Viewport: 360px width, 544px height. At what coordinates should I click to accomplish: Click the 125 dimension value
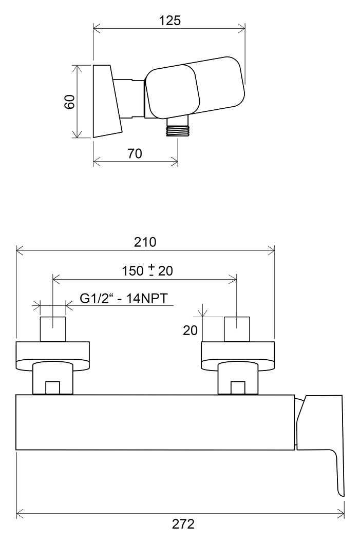[170, 21]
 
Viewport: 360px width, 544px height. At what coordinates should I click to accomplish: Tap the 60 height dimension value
[70, 101]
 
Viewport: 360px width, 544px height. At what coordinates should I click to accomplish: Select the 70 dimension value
[135, 153]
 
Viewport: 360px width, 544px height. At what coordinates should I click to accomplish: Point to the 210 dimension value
[145, 242]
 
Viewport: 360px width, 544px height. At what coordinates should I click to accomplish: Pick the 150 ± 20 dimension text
[147, 270]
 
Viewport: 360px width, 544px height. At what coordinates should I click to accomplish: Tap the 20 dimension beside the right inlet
[190, 330]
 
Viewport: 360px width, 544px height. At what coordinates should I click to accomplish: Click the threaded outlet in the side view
[177, 127]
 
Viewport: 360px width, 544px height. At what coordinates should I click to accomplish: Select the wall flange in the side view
[107, 101]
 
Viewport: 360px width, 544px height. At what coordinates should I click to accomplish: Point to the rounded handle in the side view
[195, 87]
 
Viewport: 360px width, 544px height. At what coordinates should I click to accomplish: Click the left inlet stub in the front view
[53, 329]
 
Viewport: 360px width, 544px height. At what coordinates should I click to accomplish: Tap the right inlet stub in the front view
[237, 329]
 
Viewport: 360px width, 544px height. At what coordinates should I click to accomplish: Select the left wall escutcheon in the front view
[53, 356]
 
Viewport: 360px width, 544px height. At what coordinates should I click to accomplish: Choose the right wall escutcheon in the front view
[238, 356]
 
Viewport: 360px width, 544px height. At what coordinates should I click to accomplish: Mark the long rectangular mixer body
[155, 422]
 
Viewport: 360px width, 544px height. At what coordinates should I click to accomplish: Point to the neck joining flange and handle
[128, 99]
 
